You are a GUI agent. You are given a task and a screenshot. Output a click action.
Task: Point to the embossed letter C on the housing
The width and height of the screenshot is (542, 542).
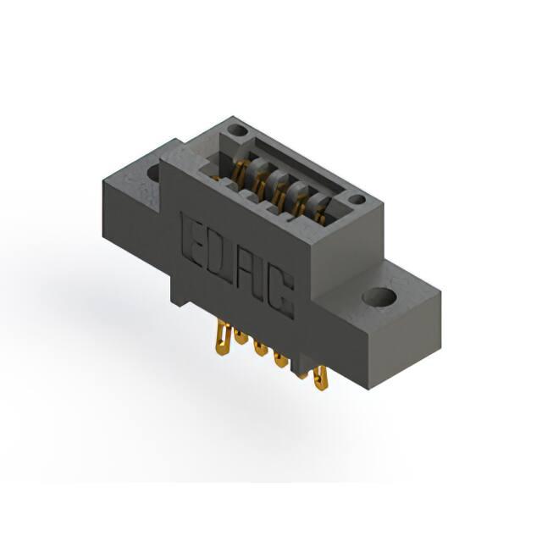point(280,293)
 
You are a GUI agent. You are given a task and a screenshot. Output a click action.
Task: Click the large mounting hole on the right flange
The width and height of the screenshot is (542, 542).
point(379,296)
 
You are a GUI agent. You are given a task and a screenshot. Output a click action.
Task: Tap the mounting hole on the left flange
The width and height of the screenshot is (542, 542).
point(154,173)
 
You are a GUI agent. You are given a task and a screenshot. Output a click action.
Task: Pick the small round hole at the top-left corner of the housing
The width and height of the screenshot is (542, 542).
point(238,131)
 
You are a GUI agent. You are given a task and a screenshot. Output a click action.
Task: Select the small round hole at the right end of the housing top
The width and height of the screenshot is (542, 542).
point(356,199)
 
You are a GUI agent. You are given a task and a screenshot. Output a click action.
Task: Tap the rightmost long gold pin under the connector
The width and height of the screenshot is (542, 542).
point(321,378)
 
